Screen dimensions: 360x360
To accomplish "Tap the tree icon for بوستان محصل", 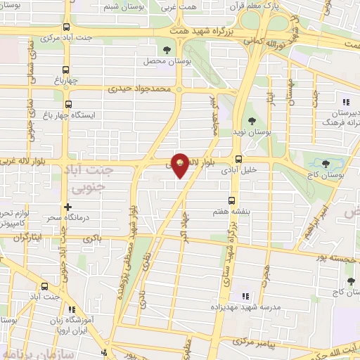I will coord(167,49).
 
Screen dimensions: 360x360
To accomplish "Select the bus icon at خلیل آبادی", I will coord(239,159).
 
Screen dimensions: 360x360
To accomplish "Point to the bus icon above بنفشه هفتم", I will coord(231,200).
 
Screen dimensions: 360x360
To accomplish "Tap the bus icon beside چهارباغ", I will coord(66,70).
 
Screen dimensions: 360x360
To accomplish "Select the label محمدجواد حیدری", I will coord(139,90).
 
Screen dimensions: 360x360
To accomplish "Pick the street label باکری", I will coord(92,239).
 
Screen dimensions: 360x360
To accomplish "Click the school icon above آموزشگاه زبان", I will coord(72,309).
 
